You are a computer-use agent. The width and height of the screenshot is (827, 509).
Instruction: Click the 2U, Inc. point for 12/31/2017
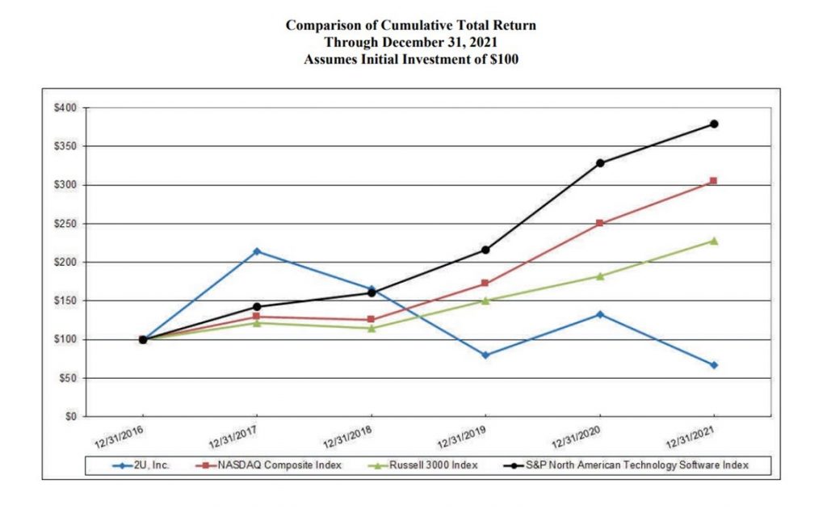pos(257,251)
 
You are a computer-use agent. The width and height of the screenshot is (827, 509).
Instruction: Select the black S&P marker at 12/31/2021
pos(714,124)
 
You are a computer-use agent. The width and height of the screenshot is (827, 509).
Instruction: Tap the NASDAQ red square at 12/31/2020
pos(599,223)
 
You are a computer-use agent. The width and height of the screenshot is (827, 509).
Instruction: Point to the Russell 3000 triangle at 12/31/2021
pos(714,241)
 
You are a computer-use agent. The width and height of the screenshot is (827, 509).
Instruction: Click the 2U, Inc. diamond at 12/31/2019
pos(485,355)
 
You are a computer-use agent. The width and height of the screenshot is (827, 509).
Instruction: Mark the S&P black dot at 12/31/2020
pos(599,162)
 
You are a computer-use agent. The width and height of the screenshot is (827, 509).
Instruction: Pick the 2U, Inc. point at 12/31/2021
pos(714,365)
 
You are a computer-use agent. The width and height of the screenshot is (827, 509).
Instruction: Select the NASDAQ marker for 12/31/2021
pos(714,181)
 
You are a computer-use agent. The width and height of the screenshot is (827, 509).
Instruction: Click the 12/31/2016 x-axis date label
pos(117,438)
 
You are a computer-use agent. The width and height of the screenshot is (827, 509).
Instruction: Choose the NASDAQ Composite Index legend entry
pos(262,465)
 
